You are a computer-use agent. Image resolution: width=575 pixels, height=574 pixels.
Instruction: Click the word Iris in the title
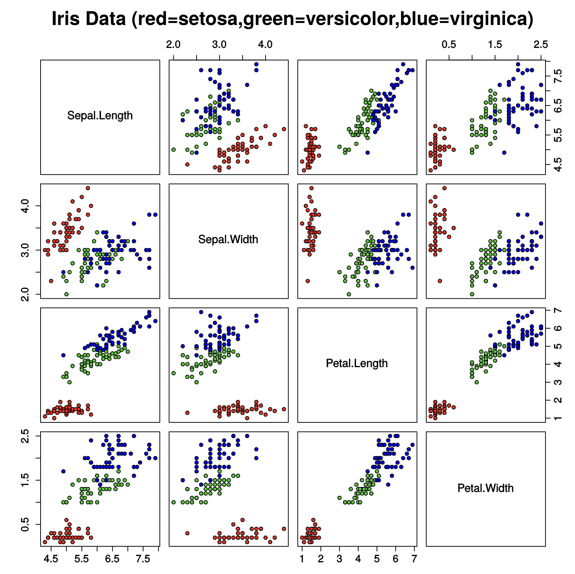63,18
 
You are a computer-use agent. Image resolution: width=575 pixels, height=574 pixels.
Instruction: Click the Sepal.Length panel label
100,116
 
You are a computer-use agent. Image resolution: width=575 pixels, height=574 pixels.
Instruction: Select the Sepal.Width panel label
228,240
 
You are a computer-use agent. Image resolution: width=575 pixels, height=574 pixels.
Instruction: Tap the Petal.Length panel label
357,364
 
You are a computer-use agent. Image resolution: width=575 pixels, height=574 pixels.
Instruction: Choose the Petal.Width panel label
485,488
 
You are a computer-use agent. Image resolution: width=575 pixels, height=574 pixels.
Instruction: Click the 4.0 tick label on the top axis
265,45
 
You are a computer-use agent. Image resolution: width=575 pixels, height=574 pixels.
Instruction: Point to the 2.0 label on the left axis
25,294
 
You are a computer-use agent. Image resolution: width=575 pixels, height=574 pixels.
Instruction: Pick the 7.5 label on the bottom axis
143,559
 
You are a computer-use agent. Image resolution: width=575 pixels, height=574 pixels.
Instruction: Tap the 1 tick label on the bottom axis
302,559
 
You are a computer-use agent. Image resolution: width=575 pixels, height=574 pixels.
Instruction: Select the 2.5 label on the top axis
541,45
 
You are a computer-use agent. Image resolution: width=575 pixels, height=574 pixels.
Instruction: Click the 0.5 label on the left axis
25,525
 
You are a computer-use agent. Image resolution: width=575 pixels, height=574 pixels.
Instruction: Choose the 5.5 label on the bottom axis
82,559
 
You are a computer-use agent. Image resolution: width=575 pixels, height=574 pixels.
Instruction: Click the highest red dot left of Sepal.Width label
88,188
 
